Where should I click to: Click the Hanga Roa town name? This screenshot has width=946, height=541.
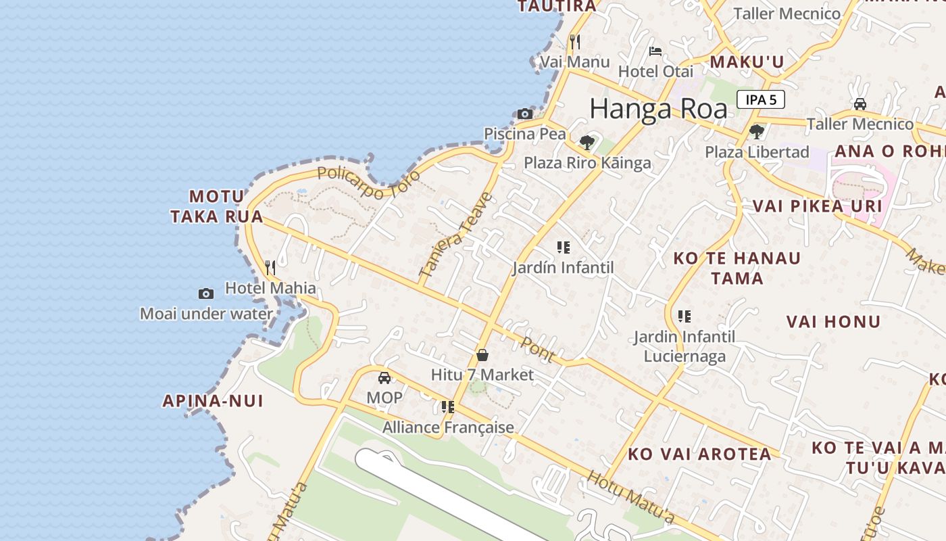point(658,109)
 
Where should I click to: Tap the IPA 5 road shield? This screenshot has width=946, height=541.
point(760,100)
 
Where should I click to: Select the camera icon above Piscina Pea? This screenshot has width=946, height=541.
point(525,114)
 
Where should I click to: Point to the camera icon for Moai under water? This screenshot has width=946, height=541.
point(206,293)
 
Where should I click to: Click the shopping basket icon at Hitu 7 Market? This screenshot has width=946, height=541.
point(482,355)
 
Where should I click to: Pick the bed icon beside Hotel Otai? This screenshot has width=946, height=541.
point(655,51)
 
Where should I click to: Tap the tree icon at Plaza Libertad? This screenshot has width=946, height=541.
point(756,132)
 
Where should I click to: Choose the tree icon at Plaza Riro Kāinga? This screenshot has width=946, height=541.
point(587,142)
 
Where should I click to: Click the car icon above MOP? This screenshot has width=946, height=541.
point(384,378)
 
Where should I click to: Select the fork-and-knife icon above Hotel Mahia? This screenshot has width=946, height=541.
point(270,268)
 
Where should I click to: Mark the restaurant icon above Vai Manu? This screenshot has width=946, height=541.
point(575,42)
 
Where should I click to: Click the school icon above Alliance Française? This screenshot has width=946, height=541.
point(447,407)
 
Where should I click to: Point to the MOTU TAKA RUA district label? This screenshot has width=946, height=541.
point(216,206)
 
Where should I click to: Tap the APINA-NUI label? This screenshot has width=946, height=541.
point(212,401)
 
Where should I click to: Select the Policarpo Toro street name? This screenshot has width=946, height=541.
point(368,182)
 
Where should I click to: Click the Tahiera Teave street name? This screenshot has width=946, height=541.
point(457,235)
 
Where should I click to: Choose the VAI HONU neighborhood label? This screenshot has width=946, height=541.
point(833,322)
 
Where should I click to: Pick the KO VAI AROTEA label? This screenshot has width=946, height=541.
point(699,454)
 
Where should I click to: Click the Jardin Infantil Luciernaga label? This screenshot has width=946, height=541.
point(684,346)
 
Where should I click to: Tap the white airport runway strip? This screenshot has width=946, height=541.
point(446,494)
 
